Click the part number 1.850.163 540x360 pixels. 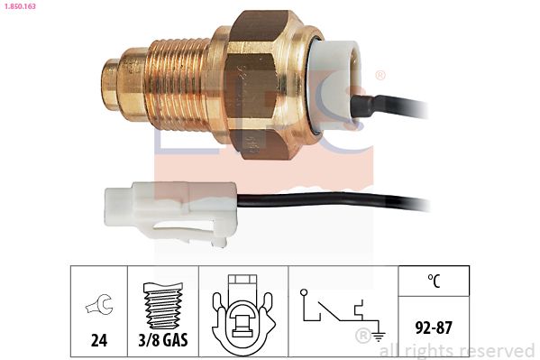(20, 6)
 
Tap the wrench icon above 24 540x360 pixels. (99, 304)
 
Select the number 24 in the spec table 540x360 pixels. (99, 340)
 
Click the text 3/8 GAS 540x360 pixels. (163, 340)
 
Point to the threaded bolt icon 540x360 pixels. (163, 306)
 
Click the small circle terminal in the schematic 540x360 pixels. (304, 292)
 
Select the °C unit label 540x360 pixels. (434, 281)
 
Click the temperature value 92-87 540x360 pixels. (434, 328)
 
